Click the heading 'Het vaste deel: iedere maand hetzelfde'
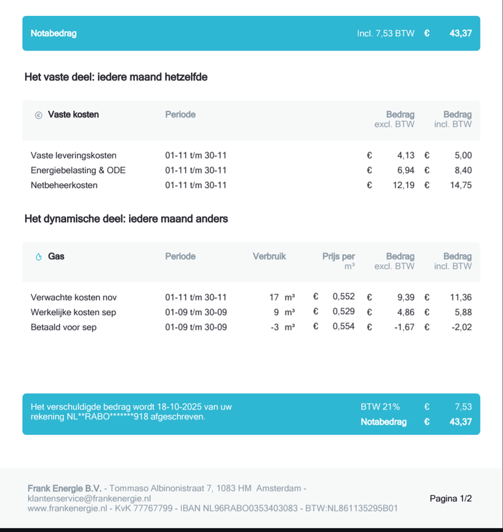116,77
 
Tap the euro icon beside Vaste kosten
39,115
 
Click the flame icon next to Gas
39,257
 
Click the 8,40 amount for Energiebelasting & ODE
463,170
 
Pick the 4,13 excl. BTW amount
405,156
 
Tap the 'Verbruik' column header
269,256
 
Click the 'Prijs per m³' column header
339,261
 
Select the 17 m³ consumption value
281,297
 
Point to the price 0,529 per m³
343,312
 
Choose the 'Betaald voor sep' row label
63,327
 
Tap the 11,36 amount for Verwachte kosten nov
460,297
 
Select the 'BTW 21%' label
380,407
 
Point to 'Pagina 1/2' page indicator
450,498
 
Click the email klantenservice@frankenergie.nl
89,498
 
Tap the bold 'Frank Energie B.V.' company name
65,488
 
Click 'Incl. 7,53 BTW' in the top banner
385,33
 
